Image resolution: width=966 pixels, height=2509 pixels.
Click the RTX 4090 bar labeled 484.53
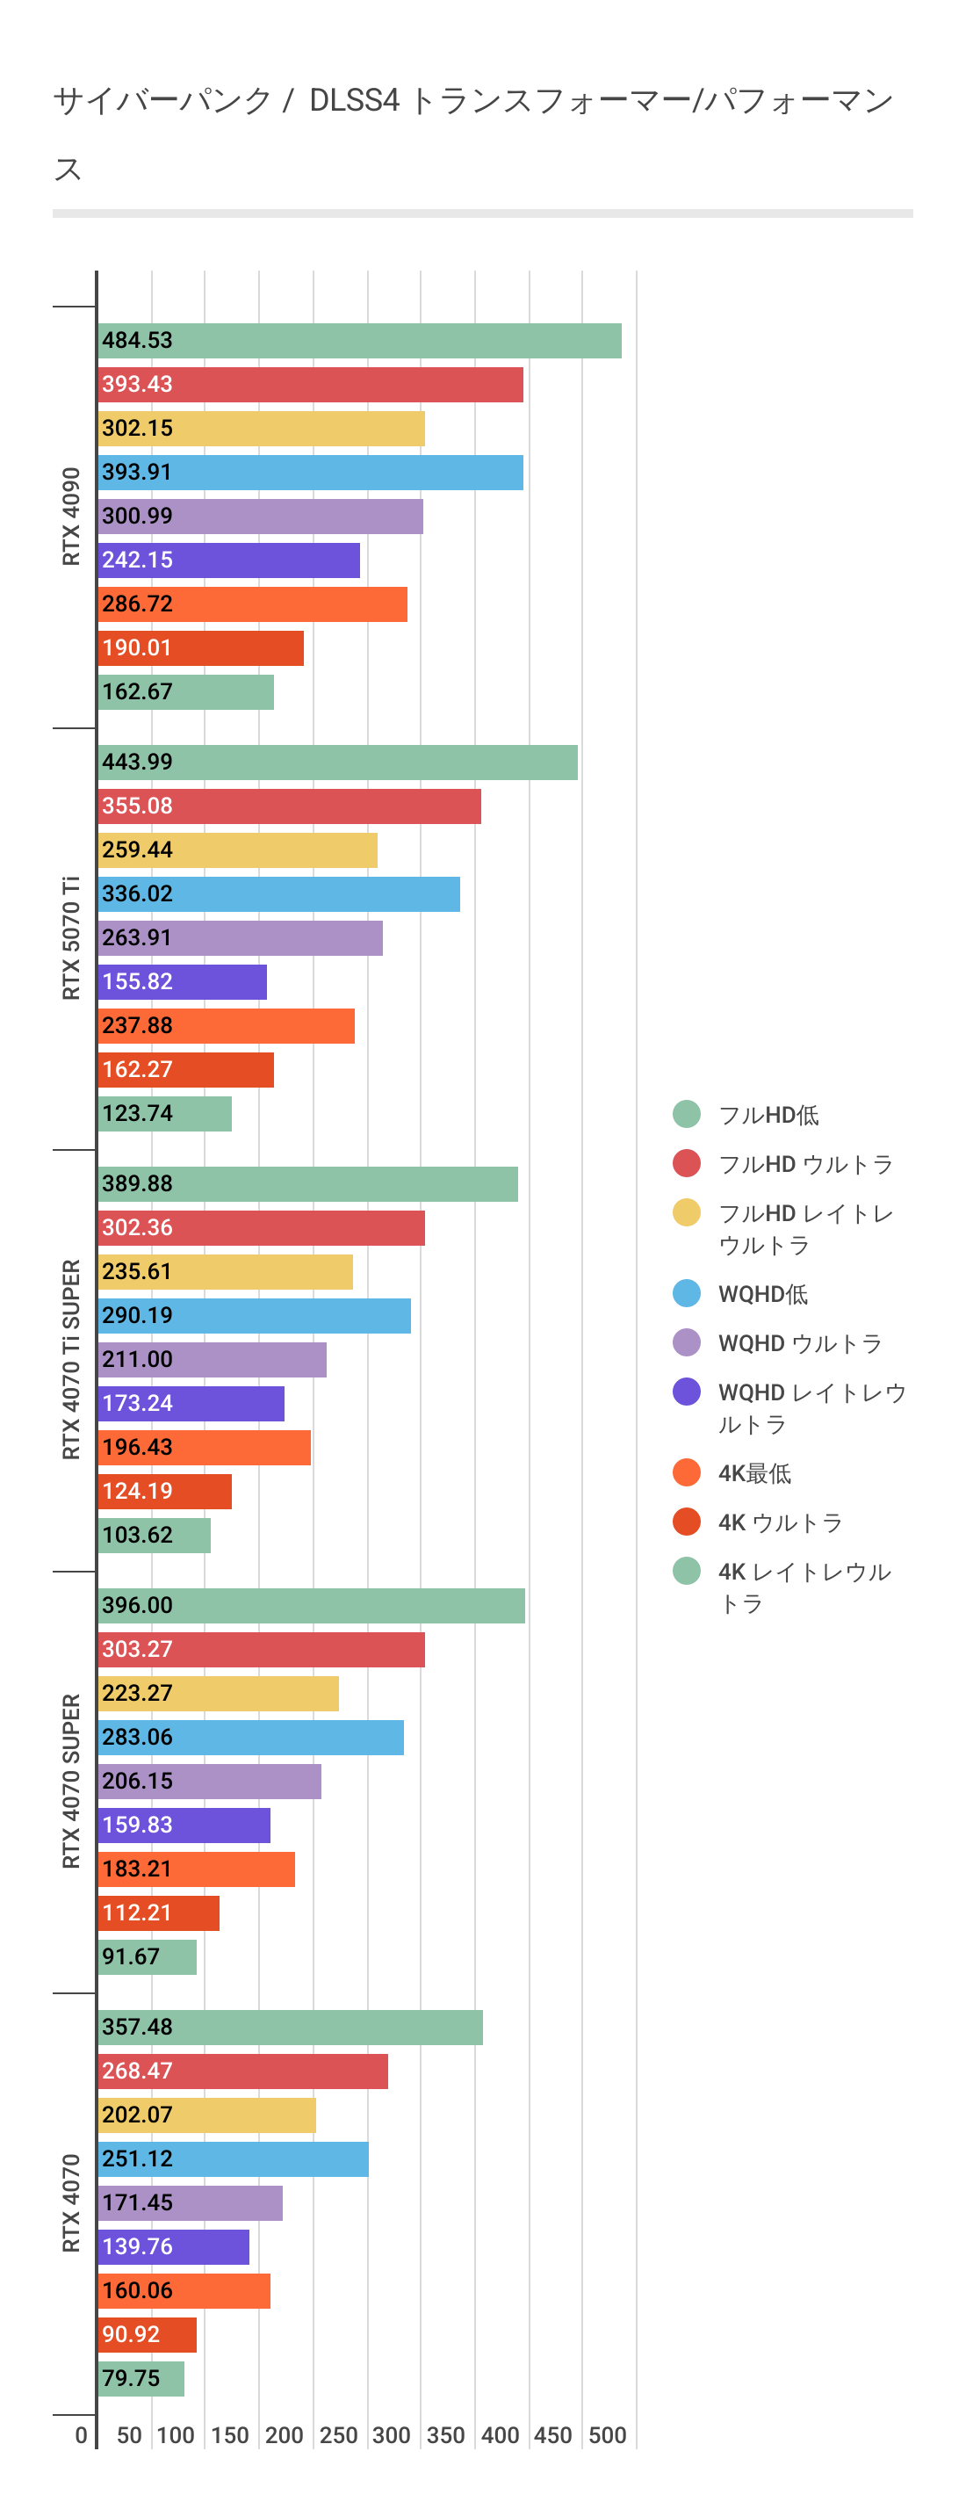click(359, 341)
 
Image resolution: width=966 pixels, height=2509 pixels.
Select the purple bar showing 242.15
click(229, 560)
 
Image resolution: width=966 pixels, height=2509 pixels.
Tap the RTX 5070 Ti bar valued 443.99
click(337, 763)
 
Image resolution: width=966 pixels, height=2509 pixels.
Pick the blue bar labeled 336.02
click(278, 894)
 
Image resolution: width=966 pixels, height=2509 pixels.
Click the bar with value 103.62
click(154, 1536)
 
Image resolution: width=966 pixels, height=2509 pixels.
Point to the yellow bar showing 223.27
click(218, 1694)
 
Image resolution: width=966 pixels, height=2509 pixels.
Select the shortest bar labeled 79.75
click(141, 2378)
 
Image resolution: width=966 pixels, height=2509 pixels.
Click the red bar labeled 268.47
click(242, 2072)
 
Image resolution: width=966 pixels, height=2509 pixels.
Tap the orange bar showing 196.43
click(205, 1449)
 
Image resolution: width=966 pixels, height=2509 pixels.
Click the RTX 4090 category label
click(71, 517)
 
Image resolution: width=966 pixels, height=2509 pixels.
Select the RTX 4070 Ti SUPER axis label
click(71, 1360)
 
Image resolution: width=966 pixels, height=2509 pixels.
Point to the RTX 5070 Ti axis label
click(71, 938)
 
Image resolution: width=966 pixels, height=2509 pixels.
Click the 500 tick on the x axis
click(607, 2436)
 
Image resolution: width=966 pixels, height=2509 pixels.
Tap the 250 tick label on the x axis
click(338, 2436)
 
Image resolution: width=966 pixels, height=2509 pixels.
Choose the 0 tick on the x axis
click(81, 2436)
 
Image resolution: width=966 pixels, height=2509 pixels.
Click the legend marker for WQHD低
click(687, 1293)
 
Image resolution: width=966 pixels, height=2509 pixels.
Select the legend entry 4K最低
click(754, 1473)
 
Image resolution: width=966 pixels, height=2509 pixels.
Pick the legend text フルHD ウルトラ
click(805, 1165)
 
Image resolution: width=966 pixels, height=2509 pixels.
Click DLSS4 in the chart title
click(354, 100)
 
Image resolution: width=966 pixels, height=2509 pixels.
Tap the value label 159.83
click(137, 1826)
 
